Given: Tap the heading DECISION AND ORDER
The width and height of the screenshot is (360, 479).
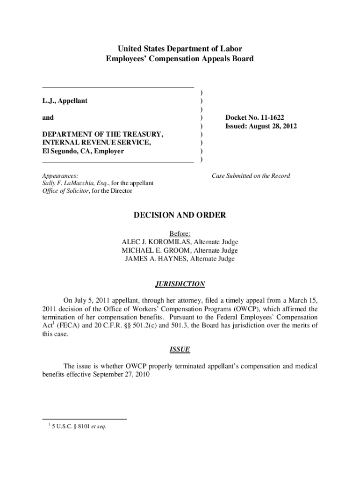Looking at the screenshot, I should point(180,215).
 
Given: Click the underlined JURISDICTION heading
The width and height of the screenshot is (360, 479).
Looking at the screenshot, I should point(180,284).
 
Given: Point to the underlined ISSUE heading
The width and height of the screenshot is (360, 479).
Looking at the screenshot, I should point(180,349).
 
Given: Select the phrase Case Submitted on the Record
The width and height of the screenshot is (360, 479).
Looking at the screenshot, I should point(251,176).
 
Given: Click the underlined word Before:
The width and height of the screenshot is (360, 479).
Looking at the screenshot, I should point(180,233).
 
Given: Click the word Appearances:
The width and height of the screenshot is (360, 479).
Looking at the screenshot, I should point(60,175).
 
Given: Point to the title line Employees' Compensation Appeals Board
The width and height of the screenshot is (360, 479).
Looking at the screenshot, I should point(180,59).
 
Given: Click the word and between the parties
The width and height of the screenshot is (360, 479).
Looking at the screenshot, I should point(48,118).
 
